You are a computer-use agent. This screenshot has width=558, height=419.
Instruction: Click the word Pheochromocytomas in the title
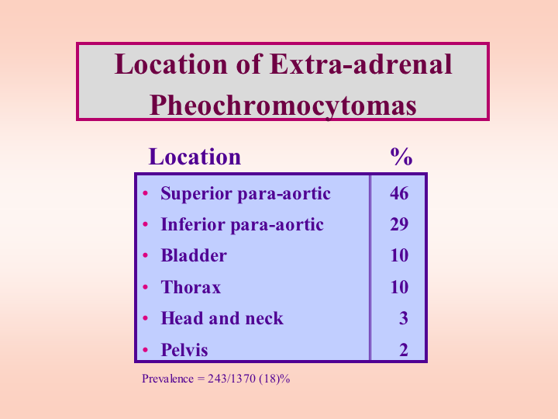point(283,106)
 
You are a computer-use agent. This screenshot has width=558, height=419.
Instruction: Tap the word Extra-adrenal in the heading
point(361,64)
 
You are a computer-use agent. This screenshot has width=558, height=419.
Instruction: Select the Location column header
point(195,157)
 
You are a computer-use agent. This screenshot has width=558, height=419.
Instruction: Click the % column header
point(401,157)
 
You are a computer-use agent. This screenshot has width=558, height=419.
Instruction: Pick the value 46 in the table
point(399,193)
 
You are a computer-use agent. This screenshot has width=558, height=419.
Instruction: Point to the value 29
point(399,224)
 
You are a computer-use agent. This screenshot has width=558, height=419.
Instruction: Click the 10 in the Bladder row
point(399,255)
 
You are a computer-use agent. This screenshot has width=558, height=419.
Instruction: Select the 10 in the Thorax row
point(399,287)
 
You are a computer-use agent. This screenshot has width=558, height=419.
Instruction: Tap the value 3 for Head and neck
point(404,318)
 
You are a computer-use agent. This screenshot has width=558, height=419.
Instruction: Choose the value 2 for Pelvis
point(404,349)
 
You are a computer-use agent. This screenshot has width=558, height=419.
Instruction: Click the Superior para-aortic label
point(246,194)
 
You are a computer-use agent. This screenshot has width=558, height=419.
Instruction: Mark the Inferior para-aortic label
point(243,225)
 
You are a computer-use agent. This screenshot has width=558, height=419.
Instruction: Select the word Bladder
point(194,255)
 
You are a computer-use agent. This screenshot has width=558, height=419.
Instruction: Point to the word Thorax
point(191,287)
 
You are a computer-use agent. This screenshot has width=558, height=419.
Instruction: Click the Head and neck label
point(222,318)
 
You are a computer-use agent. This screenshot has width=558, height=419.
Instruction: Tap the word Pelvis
point(184,349)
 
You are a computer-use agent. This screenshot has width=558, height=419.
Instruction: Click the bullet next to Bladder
point(145,255)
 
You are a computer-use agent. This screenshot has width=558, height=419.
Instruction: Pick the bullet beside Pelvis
point(145,349)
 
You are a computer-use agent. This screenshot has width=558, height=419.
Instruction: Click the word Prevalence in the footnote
point(167,379)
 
